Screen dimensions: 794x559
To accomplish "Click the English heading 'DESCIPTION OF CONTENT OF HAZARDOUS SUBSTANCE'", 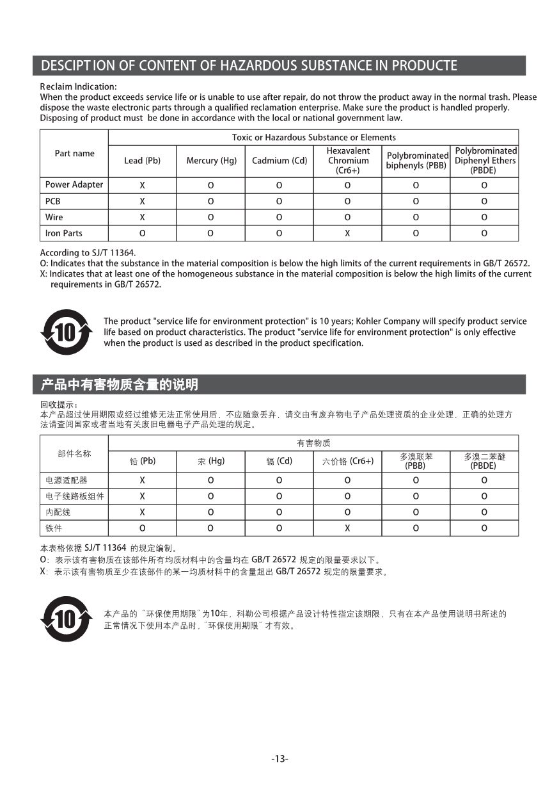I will coord(249,65).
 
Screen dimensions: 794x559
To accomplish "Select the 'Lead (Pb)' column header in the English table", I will coord(142,161).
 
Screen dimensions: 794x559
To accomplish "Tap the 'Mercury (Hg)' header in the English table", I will coord(211,161).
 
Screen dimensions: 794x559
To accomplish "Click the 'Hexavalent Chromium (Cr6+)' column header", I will coord(348,161).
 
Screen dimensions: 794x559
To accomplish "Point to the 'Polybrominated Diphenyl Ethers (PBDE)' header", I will coord(485,161).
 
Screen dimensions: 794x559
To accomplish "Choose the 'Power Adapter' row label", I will coord(74,184).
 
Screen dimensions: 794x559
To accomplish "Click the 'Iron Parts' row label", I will coord(64,233).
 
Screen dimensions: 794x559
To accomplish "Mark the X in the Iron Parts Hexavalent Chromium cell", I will coord(347,233).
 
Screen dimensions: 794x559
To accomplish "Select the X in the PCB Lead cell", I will coord(142,201).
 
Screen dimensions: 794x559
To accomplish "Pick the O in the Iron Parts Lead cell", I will coord(142,233).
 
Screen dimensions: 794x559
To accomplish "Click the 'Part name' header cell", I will coord(74,154).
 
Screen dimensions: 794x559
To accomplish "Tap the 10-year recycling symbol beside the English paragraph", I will coord(66,332).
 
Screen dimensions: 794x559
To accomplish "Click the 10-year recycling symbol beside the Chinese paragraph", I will coord(66,619).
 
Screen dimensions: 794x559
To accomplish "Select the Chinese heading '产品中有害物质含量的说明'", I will coord(120,385).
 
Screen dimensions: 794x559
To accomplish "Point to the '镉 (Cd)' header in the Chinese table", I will coord(279,461).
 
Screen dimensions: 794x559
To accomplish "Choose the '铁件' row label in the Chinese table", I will coord(54,528).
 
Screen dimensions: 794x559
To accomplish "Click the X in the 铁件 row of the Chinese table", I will coord(347,528).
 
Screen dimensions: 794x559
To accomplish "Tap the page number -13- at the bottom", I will coord(279,759).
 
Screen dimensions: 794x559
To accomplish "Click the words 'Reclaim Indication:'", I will coord(78,86).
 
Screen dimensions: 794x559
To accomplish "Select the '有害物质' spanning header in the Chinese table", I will coord(313,443).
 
